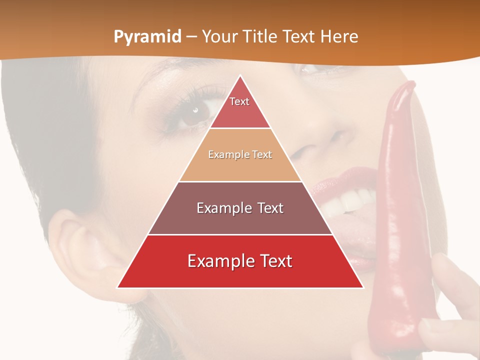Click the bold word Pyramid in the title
click(147, 36)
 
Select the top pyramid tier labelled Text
click(240, 105)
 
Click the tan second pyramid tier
click(240, 155)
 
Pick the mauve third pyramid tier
click(240, 208)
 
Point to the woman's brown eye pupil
click(195, 110)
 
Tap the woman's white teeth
click(345, 202)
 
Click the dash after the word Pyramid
click(191, 36)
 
